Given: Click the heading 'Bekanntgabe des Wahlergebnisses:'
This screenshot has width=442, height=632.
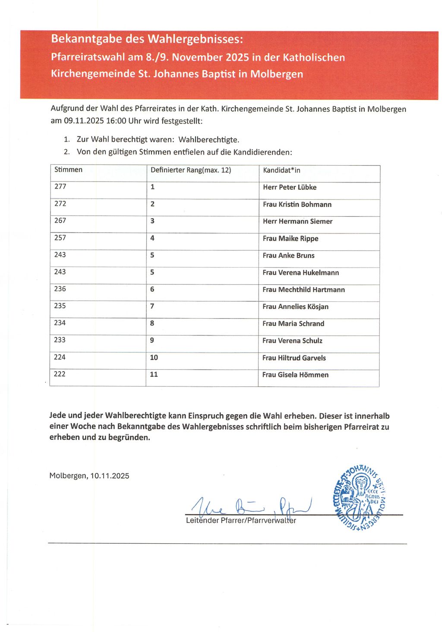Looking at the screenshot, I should point(147,39).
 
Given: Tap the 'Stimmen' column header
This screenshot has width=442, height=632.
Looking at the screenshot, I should point(68,169).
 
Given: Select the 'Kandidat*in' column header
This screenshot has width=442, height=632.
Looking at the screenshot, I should point(281,170).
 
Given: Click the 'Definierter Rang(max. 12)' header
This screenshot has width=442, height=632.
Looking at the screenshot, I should point(191,170).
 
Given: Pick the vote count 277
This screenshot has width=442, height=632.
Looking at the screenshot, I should point(60,186).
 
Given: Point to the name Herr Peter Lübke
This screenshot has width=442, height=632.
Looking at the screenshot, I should point(290,187).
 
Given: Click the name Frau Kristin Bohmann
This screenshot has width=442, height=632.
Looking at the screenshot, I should point(297,204).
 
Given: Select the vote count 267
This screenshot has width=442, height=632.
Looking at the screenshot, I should point(60,220).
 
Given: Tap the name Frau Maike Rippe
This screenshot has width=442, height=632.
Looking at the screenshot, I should point(290,239).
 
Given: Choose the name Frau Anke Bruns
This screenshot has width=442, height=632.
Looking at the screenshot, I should point(288,255).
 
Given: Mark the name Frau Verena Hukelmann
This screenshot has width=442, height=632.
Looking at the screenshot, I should point(300,273).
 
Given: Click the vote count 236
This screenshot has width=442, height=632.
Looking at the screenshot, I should point(60,289).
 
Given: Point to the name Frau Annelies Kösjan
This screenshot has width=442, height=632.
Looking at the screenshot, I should point(295,306).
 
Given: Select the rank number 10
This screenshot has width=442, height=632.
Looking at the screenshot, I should point(154,357).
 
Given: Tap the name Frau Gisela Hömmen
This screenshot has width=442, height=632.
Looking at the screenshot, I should point(295,375).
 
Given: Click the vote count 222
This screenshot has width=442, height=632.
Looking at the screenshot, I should point(60,374).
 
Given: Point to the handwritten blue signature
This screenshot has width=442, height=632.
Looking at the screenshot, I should point(250,505).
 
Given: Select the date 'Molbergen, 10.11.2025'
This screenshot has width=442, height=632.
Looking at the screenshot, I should point(89,476).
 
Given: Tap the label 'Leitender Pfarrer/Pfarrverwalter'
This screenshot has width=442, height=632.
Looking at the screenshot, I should point(241,520).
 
